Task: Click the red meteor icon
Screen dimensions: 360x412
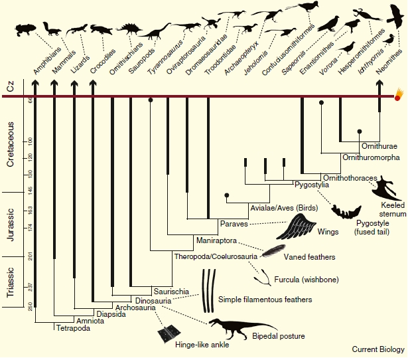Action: (398, 97)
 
